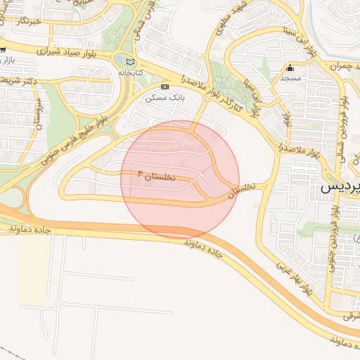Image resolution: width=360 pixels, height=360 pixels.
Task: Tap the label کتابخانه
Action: click(x=130, y=72)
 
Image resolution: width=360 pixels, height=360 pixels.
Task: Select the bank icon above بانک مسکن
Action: click(x=165, y=86)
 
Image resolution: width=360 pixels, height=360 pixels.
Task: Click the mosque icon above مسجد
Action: click(x=290, y=68)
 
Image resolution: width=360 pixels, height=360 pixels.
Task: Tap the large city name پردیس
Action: click(x=340, y=188)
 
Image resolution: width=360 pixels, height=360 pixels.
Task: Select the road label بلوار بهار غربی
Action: click(x=293, y=278)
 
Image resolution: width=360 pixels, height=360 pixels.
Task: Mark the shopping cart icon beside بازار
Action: click(x=4, y=51)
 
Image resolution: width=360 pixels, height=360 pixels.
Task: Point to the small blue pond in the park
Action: click(x=121, y=60)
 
